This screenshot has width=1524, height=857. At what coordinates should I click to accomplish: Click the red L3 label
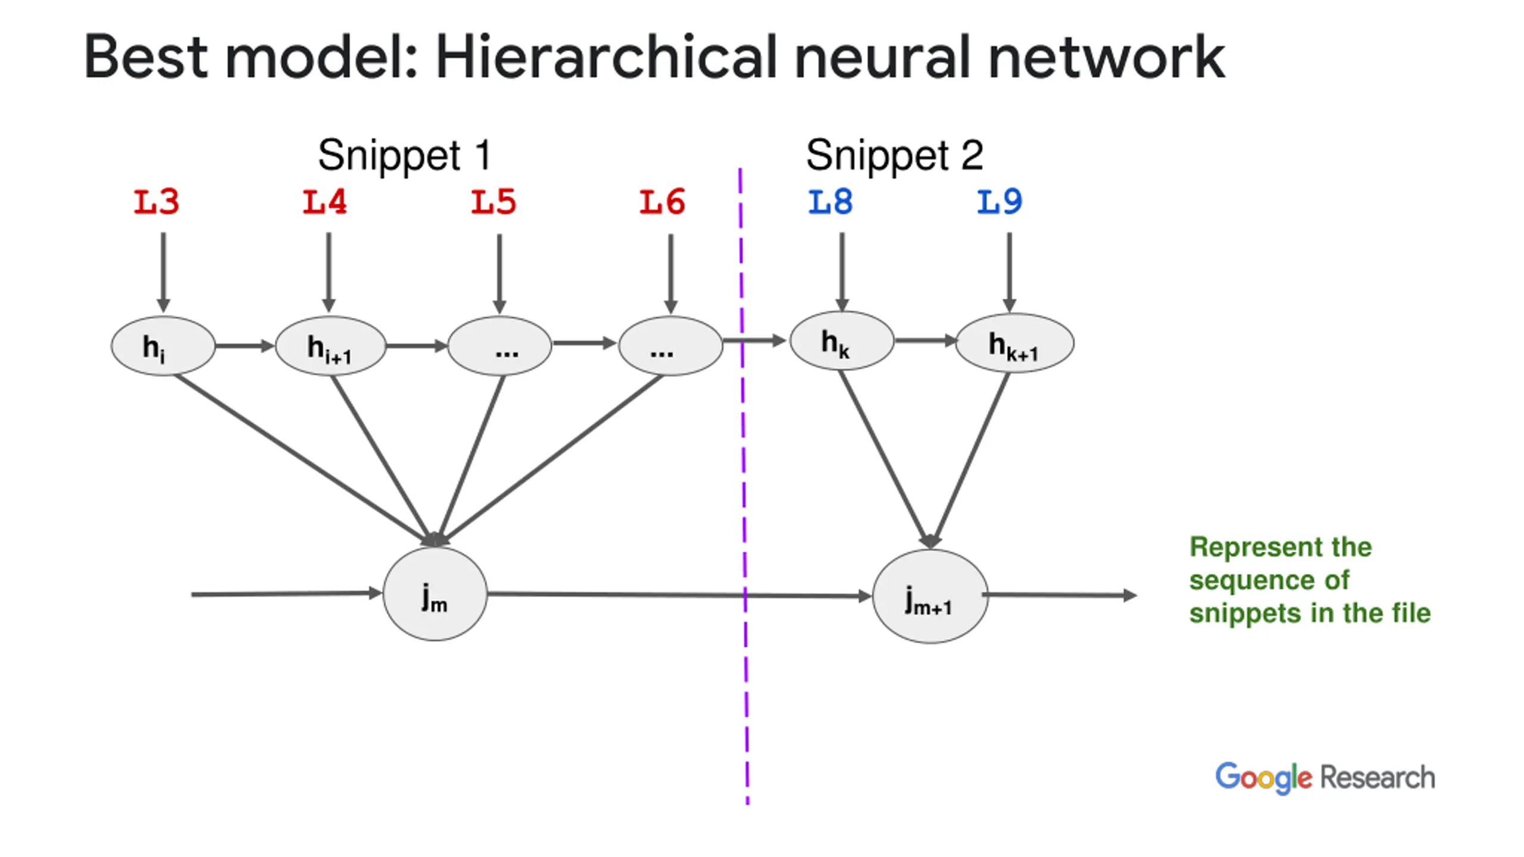(156, 202)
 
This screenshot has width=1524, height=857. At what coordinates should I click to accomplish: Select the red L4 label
(324, 202)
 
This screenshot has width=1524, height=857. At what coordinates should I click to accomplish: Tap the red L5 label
(494, 202)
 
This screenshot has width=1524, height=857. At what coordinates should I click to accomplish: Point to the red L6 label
(662, 202)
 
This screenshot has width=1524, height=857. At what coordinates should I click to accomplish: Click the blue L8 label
(830, 202)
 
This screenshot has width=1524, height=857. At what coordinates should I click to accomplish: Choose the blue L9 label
(1000, 202)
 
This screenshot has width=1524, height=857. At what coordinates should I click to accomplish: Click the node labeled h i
(163, 346)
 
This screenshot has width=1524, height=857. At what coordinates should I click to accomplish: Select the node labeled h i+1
(330, 346)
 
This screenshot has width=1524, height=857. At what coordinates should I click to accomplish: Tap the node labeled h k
(842, 341)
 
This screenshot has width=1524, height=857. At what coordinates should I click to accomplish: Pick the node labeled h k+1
(1014, 343)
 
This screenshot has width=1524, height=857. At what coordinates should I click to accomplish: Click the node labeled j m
(435, 594)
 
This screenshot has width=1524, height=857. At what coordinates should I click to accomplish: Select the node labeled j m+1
(930, 596)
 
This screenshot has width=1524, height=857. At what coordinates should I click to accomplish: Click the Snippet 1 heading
(405, 156)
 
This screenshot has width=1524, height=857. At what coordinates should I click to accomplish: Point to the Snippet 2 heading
(894, 156)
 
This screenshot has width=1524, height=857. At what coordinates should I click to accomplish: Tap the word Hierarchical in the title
(607, 57)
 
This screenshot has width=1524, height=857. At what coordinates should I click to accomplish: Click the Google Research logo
(1325, 777)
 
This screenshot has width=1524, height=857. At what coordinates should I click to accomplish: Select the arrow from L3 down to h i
(163, 273)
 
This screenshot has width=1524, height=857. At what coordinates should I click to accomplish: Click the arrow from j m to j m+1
(679, 595)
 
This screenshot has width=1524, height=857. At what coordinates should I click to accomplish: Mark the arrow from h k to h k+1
(925, 340)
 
